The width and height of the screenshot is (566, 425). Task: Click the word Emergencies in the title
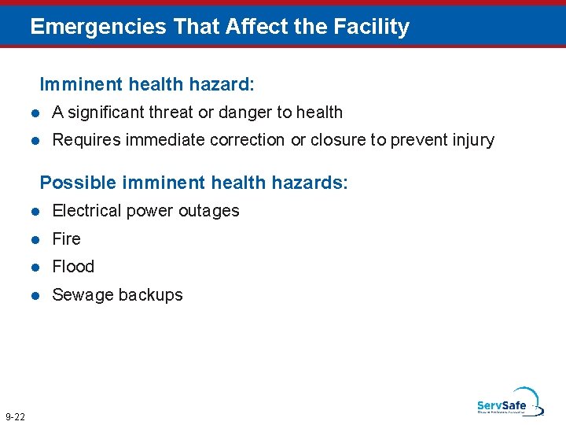[x=98, y=27]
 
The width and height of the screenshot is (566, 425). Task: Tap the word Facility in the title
[x=372, y=27]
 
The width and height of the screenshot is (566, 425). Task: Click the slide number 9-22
[x=15, y=416]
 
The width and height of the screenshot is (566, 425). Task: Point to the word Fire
[x=66, y=238]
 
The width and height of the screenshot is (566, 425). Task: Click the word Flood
[x=73, y=267]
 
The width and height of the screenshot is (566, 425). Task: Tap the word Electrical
[x=85, y=211]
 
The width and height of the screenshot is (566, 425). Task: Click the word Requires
[x=83, y=140]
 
